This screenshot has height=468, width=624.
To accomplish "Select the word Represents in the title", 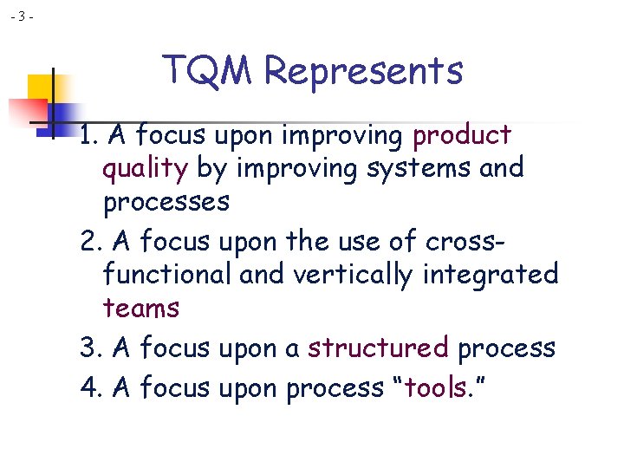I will [x=364, y=70].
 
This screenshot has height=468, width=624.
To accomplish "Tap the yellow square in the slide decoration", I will [x=42, y=88].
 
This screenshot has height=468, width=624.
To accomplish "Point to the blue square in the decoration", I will [x=62, y=114].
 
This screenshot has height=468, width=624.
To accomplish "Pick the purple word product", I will [x=462, y=136].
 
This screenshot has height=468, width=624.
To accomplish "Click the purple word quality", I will [x=145, y=169].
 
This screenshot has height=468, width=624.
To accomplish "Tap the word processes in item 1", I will [x=166, y=203].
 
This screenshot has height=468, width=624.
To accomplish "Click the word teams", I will [x=140, y=309].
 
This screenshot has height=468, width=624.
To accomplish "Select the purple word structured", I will [x=378, y=348].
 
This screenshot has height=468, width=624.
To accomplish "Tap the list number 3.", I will [x=89, y=348].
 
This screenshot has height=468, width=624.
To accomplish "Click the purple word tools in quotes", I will [x=436, y=387].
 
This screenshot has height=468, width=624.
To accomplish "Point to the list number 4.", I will [x=89, y=387].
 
